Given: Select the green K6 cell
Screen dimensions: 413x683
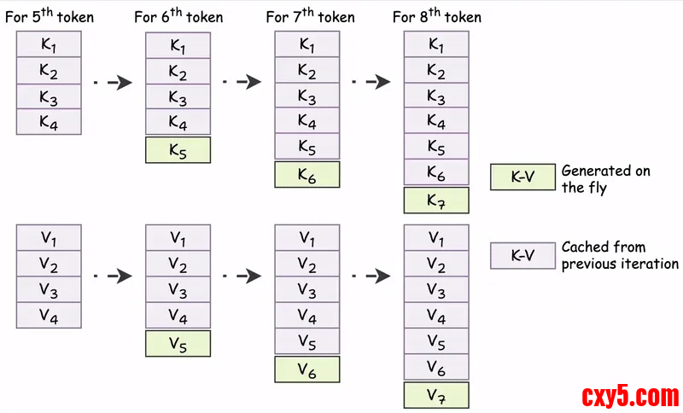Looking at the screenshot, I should click(x=306, y=174).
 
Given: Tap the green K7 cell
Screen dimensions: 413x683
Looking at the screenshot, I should click(x=435, y=201).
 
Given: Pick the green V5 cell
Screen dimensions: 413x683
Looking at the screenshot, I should click(x=178, y=343).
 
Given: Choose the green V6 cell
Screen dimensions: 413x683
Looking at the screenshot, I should click(x=306, y=369).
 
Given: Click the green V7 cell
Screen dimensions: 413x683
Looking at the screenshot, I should click(x=435, y=395).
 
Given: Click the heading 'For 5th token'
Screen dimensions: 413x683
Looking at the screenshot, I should click(x=49, y=16).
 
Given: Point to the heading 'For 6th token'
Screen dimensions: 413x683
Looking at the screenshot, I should click(x=178, y=16).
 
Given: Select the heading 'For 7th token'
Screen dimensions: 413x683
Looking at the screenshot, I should click(x=306, y=16).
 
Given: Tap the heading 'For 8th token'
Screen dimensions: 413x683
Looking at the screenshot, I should click(x=435, y=16).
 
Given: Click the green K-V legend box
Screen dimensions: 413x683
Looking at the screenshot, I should click(x=522, y=177).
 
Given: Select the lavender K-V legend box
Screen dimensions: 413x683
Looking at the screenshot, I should click(x=522, y=254).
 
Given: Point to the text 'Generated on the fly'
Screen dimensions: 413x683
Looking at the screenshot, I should click(x=605, y=178).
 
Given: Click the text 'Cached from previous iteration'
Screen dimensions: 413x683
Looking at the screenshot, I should click(x=619, y=255).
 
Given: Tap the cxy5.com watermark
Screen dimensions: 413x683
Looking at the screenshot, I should click(x=630, y=396).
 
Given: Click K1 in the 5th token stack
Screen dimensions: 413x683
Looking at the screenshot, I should click(x=49, y=44).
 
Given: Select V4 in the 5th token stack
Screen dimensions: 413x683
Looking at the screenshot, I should click(x=49, y=316).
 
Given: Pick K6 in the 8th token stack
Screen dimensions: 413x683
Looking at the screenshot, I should click(x=435, y=173).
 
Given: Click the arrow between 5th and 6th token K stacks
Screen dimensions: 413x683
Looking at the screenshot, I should click(x=113, y=82).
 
